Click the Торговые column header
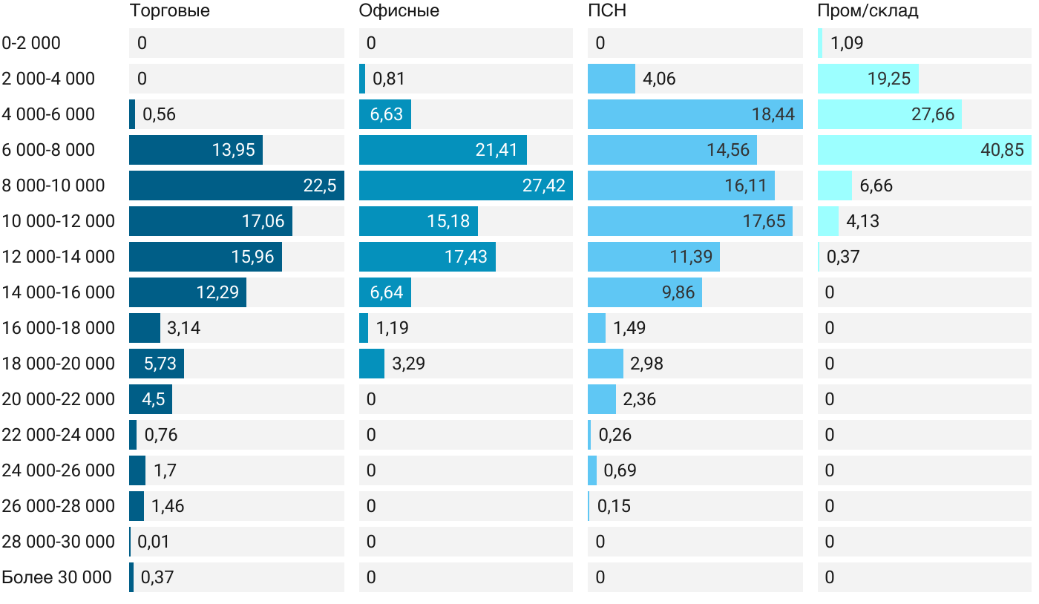click(x=169, y=11)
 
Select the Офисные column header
click(x=399, y=11)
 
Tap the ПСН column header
click(x=607, y=11)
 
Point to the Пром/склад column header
click(x=868, y=11)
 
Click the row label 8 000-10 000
click(x=53, y=186)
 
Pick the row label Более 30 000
click(x=56, y=577)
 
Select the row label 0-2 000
click(x=31, y=43)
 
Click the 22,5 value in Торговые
click(x=320, y=186)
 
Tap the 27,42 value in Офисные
click(x=544, y=186)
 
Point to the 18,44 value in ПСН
click(x=773, y=114)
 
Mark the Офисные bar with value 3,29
click(x=372, y=364)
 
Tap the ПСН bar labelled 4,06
click(x=612, y=79)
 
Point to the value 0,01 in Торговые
click(x=153, y=542)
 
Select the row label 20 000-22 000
click(x=59, y=399)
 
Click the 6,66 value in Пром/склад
click(x=876, y=186)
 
